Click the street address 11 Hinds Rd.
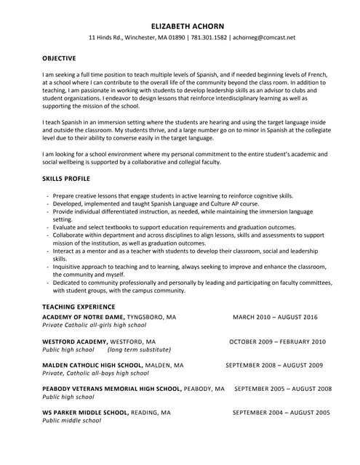point(105,38)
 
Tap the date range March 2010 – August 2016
point(275,318)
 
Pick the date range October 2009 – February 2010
point(277,341)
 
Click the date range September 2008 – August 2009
point(274,365)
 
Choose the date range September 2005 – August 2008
point(283,389)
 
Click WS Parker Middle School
point(86,412)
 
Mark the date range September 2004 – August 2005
point(281,412)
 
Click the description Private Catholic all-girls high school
point(95,325)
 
